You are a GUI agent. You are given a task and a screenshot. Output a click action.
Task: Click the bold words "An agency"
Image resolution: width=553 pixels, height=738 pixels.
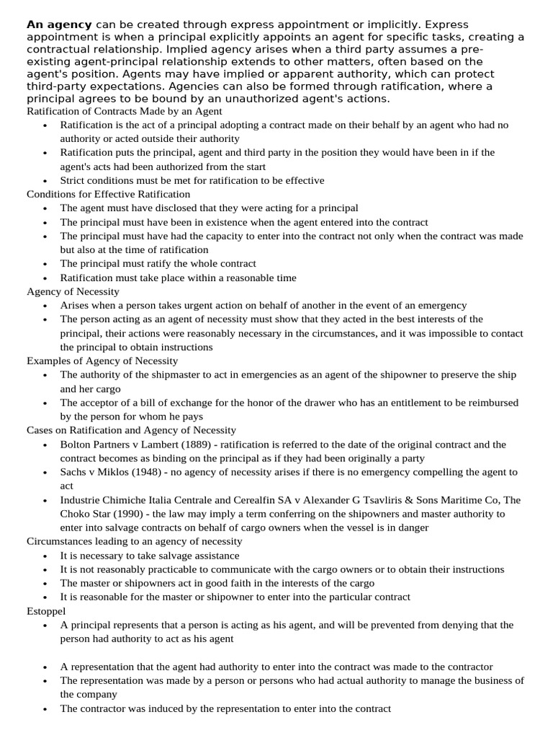pos(59,25)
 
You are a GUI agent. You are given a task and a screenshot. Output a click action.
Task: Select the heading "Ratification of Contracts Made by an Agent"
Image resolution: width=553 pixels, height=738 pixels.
pos(124,111)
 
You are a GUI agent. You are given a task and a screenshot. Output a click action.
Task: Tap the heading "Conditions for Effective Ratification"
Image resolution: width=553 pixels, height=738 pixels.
pos(108,194)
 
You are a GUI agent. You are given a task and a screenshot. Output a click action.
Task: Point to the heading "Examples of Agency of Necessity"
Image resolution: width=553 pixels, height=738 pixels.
pos(102,360)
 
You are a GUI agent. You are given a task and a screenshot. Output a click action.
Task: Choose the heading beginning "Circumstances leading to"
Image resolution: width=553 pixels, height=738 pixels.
pos(134,541)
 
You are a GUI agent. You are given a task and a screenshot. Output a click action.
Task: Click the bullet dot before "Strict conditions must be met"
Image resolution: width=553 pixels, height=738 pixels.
pos(45,181)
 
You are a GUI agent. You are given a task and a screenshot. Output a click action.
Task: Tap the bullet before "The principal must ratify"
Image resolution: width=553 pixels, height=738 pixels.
pos(45,264)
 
